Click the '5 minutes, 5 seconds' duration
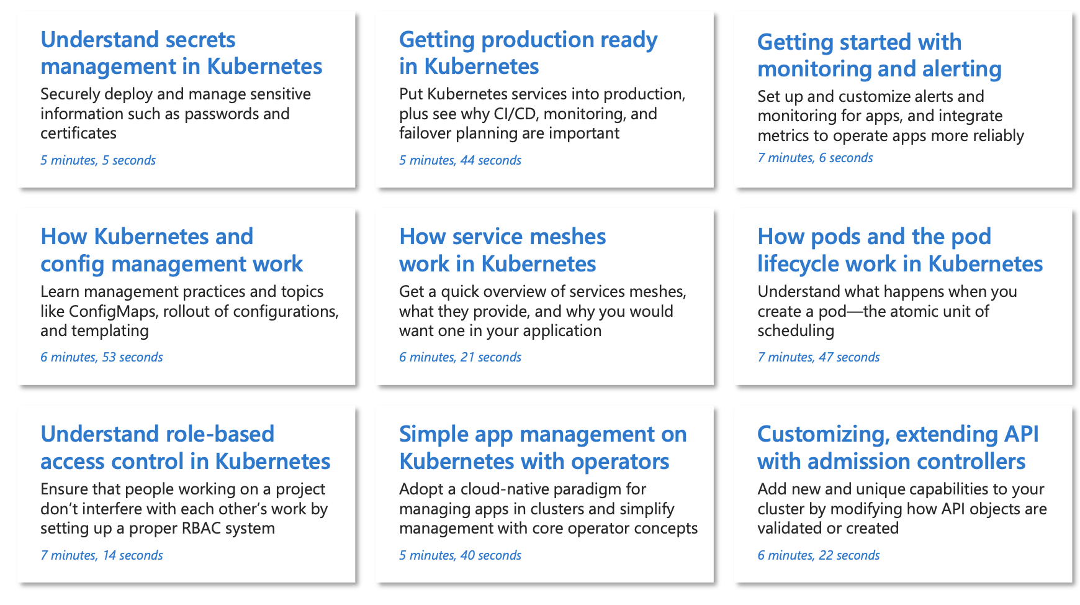tap(98, 160)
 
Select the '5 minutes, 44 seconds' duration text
tap(460, 160)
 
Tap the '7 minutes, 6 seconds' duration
tap(815, 158)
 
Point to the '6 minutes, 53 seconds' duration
tap(102, 357)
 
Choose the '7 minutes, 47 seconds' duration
tap(819, 357)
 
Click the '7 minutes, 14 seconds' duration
tap(102, 555)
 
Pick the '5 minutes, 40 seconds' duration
tap(460, 555)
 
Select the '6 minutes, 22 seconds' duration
tap(819, 555)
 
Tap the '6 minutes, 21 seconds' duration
tap(460, 357)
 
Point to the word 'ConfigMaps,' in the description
tap(114, 311)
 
